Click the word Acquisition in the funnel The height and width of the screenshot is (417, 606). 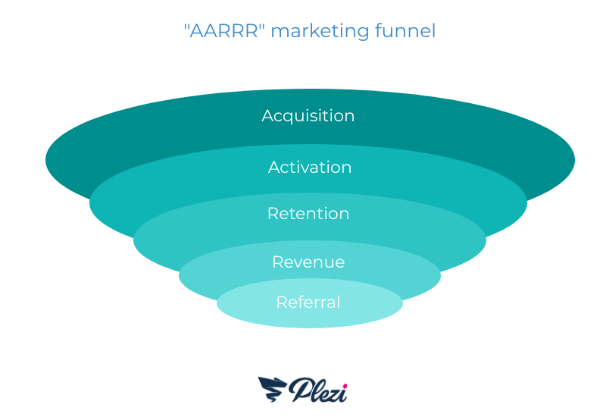click(x=308, y=116)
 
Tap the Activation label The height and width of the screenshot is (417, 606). click(x=310, y=167)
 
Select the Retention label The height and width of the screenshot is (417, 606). click(x=308, y=214)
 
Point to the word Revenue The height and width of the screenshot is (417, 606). click(x=308, y=262)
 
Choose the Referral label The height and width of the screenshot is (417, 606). click(x=308, y=302)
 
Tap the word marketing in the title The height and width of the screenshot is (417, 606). click(x=320, y=31)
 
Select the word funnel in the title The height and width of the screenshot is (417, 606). click(x=405, y=30)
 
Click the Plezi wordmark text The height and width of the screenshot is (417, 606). click(x=317, y=390)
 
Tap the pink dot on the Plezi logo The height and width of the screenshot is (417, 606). click(x=345, y=386)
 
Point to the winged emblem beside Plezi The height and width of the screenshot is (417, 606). click(x=272, y=389)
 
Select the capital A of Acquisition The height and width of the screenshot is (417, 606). click(x=268, y=115)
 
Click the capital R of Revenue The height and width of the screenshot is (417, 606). click(x=278, y=262)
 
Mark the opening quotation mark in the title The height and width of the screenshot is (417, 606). click(x=186, y=26)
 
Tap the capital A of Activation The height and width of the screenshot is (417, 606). click(x=274, y=167)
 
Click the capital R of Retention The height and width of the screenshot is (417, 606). click(x=273, y=214)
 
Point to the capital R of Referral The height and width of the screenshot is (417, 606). click(x=282, y=302)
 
